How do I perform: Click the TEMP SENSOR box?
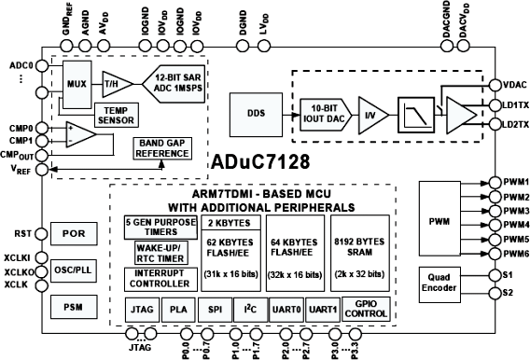(x=117, y=115)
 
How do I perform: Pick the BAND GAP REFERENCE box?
(x=162, y=147)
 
